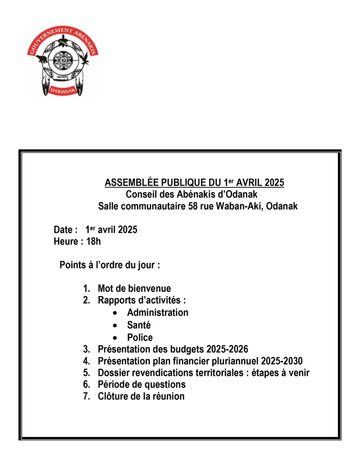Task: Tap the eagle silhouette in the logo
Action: coord(85,58)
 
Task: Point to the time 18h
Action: coord(93,242)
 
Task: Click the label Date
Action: coord(63,230)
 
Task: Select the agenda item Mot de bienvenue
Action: coord(134,288)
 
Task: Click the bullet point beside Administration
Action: coord(115,313)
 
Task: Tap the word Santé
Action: coord(139,325)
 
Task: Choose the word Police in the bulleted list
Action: coord(140,337)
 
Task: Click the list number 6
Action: coord(86,385)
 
